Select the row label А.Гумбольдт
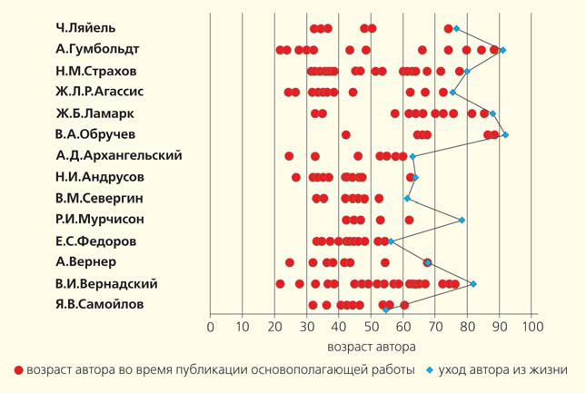(97, 49)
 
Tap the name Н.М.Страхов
(97, 70)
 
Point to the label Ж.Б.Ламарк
(94, 113)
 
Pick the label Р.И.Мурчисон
(100, 219)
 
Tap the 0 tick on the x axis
(210, 328)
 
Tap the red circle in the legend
(19, 370)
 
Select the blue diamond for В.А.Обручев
(505, 134)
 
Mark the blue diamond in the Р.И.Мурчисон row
(462, 220)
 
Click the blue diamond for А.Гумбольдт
(502, 50)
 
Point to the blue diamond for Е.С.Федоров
(391, 241)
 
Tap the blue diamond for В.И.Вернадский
(472, 284)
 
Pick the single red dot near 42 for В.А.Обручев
(346, 134)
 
